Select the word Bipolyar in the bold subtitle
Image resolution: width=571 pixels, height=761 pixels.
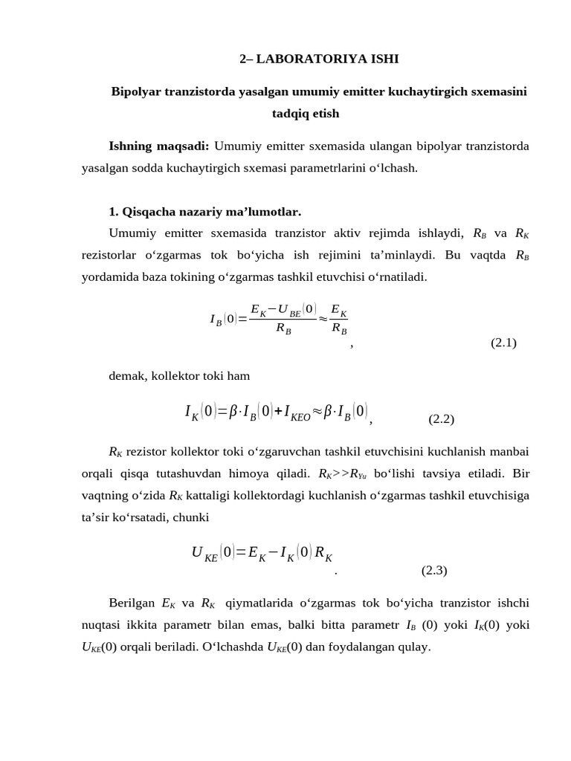[135, 92]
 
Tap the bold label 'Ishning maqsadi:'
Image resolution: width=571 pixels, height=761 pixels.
[158, 146]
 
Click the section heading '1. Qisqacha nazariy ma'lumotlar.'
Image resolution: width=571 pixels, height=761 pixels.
[204, 211]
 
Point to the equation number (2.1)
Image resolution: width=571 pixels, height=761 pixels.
[503, 343]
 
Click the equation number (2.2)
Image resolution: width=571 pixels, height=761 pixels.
[441, 419]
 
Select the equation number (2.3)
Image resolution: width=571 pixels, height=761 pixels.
[434, 571]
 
